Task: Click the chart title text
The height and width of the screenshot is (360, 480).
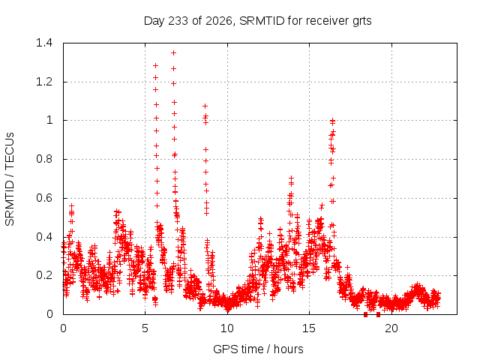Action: tap(257, 21)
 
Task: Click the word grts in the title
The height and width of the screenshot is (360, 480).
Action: tap(361, 22)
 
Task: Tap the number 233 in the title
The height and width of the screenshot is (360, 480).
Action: tap(178, 21)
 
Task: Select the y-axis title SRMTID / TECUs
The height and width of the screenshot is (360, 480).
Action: tap(10, 179)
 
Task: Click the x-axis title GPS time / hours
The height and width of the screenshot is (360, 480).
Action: tap(258, 349)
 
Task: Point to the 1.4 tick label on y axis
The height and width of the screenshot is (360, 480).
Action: tap(44, 43)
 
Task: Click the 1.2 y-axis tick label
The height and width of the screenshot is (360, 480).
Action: tap(44, 82)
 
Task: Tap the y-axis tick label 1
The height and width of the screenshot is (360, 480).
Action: tap(49, 120)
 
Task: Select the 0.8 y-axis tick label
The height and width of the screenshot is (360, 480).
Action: tap(44, 159)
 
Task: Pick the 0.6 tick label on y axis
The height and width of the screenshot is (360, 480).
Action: tap(44, 198)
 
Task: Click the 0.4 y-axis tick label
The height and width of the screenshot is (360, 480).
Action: tap(44, 237)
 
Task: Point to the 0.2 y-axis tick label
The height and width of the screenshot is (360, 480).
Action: tap(44, 275)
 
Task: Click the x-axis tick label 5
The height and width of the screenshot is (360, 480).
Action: tap(145, 328)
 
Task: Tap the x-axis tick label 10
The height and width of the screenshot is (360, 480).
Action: tap(227, 328)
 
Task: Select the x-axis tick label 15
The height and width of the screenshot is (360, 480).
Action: tap(309, 328)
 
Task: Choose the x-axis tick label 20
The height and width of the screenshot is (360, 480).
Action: tap(391, 328)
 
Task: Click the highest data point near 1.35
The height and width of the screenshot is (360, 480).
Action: tap(173, 53)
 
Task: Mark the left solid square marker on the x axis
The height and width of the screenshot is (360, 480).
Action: tap(365, 314)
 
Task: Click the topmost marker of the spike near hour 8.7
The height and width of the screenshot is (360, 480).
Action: tap(205, 106)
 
